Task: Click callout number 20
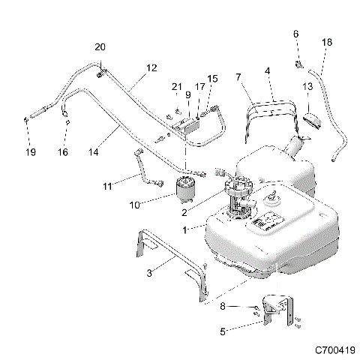pyautogui.click(x=100, y=47)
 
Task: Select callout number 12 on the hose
pyautogui.click(x=152, y=68)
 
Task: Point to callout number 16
pyautogui.click(x=64, y=152)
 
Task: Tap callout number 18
pyautogui.click(x=326, y=42)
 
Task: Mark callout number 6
pyautogui.click(x=295, y=34)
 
